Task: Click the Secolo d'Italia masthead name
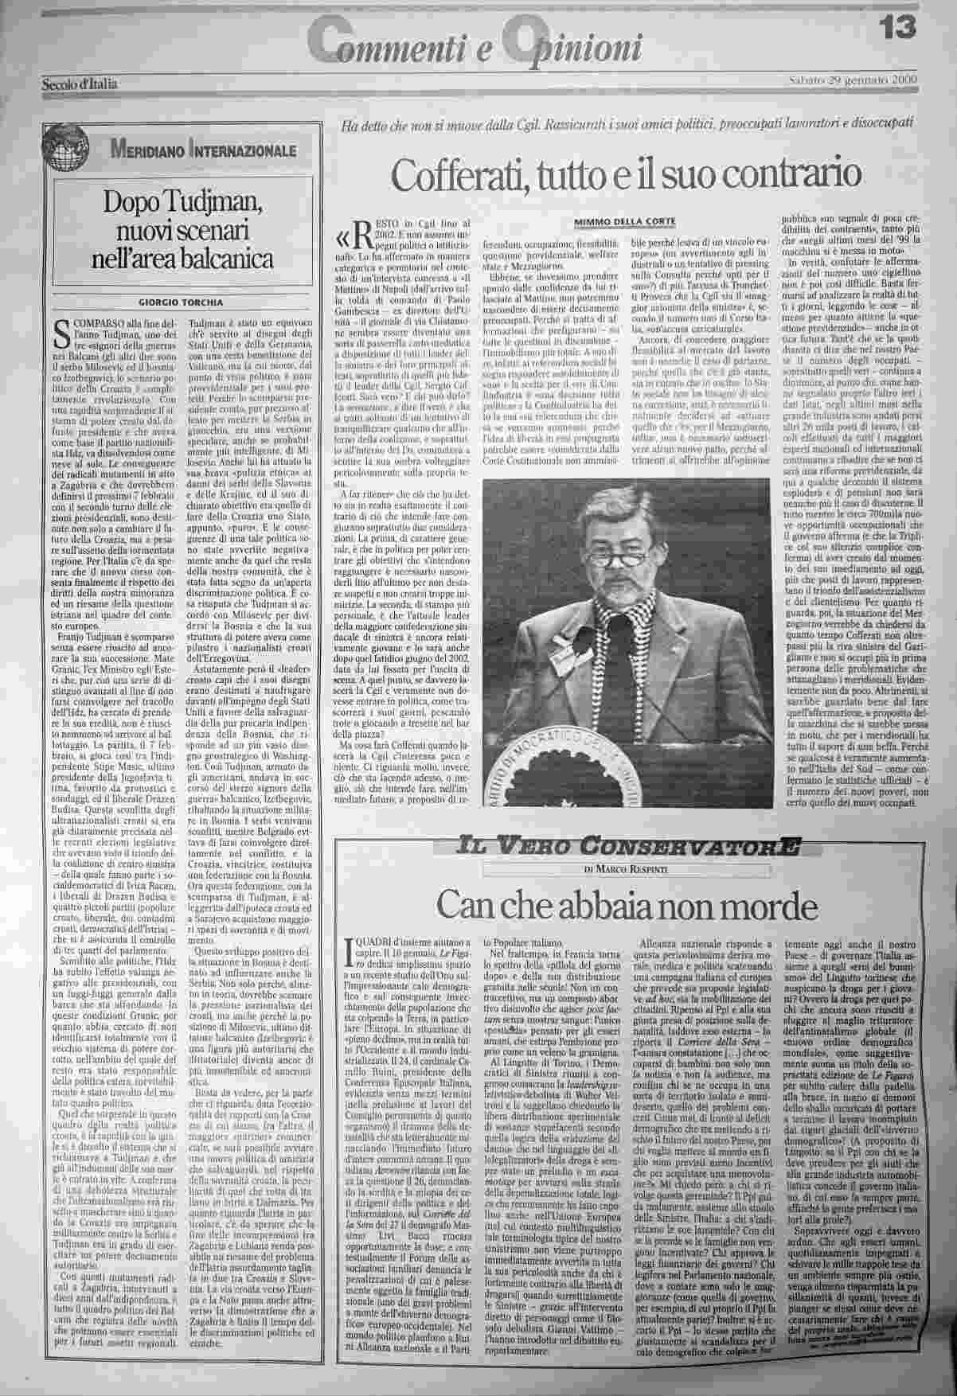click(80, 83)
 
